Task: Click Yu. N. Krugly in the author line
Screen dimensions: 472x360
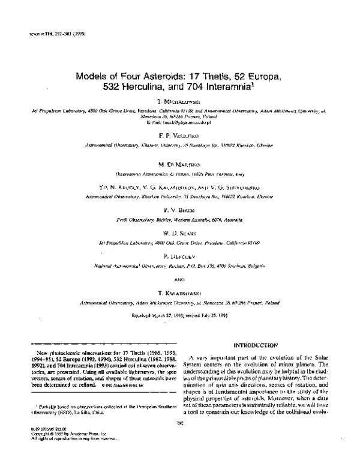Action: pos(120,188)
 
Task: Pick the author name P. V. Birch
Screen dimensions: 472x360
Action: pos(179,211)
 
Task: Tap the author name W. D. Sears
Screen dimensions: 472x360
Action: pos(179,234)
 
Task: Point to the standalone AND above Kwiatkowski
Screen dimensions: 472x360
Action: pos(179,280)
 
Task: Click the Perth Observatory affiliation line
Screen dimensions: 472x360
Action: pos(179,220)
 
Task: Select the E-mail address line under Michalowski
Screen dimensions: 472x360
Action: pos(179,122)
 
